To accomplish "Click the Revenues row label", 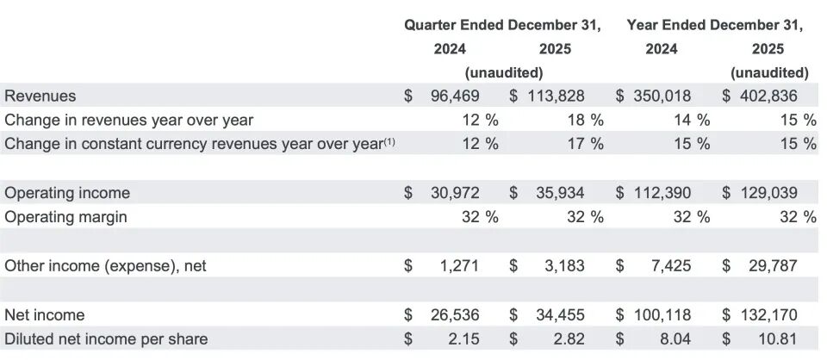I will point(40,96).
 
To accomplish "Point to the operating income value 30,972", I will point(455,193).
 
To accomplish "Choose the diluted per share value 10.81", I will point(777,338).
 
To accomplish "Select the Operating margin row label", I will point(65,217).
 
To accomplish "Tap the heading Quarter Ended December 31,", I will point(503,25).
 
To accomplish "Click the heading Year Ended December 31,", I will point(714,25).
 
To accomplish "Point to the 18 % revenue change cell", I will point(585,120).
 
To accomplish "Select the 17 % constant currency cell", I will point(585,144).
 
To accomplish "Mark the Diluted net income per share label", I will point(106,338).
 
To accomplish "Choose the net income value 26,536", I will point(455,314).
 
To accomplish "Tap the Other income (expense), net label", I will point(105,266).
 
